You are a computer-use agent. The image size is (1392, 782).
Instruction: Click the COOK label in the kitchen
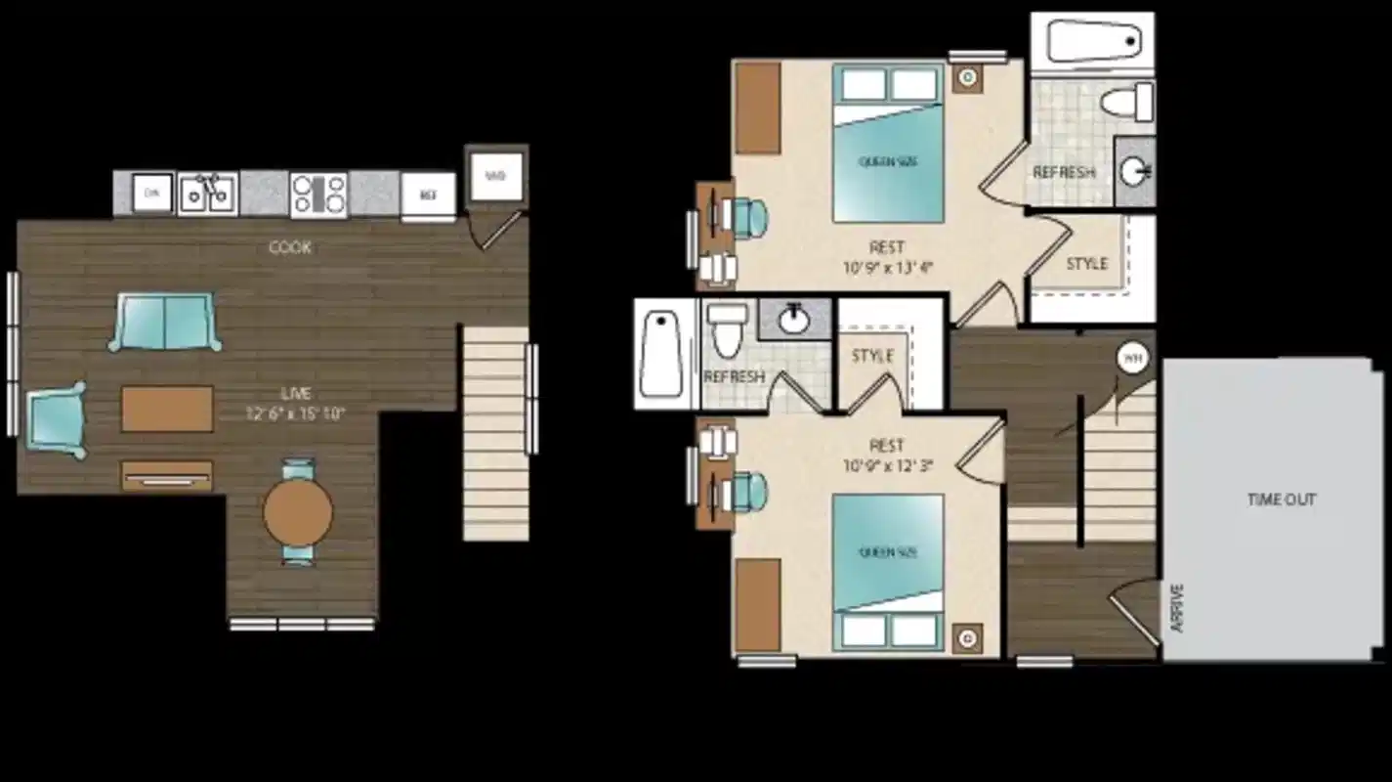[x=290, y=247]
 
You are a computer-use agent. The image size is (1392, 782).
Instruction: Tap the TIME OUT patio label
[x=1281, y=500]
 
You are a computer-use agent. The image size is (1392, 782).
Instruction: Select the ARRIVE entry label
[x=1176, y=608]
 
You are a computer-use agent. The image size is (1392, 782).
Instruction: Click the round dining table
[x=298, y=512]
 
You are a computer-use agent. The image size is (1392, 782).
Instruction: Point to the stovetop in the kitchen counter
[x=318, y=194]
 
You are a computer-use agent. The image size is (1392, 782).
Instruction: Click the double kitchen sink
[x=207, y=194]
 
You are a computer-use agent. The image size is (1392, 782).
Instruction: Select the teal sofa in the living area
[x=165, y=322]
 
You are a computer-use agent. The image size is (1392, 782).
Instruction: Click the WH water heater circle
[x=1131, y=359]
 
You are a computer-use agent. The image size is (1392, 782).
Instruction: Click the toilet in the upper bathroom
[x=1125, y=101]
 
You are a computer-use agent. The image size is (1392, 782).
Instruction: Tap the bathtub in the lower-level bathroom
[x=661, y=354]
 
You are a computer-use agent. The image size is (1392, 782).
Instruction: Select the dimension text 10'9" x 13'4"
[x=887, y=266]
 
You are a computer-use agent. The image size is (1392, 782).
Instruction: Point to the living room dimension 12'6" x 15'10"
[x=297, y=413]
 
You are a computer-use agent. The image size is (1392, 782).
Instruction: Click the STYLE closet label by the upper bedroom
[x=1086, y=264]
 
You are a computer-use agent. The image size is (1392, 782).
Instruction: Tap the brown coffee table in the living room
[x=167, y=409]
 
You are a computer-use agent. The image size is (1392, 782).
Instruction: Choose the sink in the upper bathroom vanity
[x=1135, y=172]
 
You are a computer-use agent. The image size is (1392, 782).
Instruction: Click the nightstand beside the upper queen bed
[x=968, y=76]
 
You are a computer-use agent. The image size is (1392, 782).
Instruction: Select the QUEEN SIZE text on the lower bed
[x=887, y=553]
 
